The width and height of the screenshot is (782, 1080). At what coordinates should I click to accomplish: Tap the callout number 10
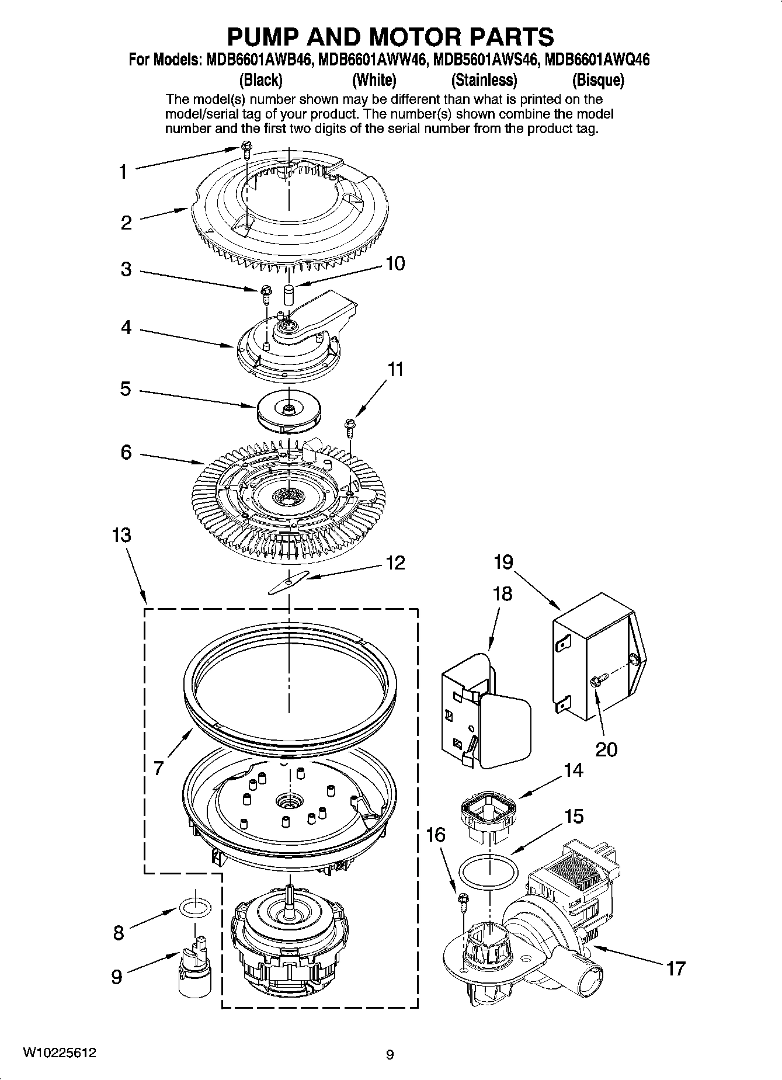tap(395, 263)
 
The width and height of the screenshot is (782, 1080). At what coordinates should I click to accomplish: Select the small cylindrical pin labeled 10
tap(288, 294)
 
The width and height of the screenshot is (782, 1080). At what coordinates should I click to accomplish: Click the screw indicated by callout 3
tap(265, 291)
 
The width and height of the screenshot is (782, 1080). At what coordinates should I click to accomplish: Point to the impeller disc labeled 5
tap(288, 410)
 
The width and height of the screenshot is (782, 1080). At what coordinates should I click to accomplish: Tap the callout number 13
tap(121, 535)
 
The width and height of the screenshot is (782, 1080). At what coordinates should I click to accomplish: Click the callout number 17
tap(676, 968)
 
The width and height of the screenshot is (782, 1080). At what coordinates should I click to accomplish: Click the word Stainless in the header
tap(484, 80)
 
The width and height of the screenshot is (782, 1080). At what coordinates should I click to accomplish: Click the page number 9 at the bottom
tap(390, 1055)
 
